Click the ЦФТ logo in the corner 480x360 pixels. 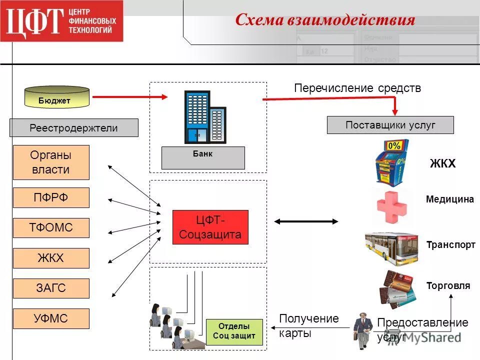pos(61,21)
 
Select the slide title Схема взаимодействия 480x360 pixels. pos(325,19)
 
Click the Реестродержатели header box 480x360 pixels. pos(73,128)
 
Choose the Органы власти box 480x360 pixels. pos(51,162)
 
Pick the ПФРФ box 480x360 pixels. pos(51,197)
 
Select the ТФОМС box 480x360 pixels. pos(51,228)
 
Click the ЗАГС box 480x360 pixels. pos(51,288)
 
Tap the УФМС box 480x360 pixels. pos(51,318)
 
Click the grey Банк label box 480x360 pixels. pos(203,157)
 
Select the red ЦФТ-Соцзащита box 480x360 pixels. pos(210,227)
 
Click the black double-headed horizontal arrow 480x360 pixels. pos(306,221)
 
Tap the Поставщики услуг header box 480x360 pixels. pos(390,125)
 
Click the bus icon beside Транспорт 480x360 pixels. pos(391,246)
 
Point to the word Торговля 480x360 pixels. pos(448,286)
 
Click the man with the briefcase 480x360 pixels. pos(362,330)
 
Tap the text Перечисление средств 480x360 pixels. pos(357,88)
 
